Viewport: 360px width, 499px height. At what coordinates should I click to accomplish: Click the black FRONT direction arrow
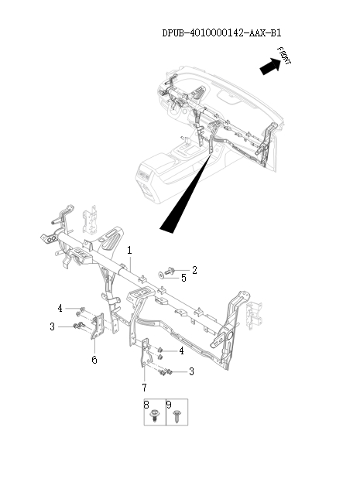tap(269, 67)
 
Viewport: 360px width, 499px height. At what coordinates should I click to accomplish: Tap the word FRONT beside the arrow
tap(284, 56)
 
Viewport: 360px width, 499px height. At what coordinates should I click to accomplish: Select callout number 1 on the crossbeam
tap(129, 250)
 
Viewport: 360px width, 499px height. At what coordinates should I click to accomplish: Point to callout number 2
tap(195, 270)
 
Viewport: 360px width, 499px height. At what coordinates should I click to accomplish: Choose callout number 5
tap(183, 277)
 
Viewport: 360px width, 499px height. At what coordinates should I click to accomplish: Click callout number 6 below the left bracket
tap(94, 360)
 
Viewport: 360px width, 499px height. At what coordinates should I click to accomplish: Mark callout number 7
tap(145, 386)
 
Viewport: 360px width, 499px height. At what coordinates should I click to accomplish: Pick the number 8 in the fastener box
tap(146, 405)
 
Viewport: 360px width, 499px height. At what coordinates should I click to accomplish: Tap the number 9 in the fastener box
tap(168, 405)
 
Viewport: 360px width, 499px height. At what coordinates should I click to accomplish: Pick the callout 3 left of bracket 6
tap(53, 326)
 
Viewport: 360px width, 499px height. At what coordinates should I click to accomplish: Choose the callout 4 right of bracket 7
tap(181, 350)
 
